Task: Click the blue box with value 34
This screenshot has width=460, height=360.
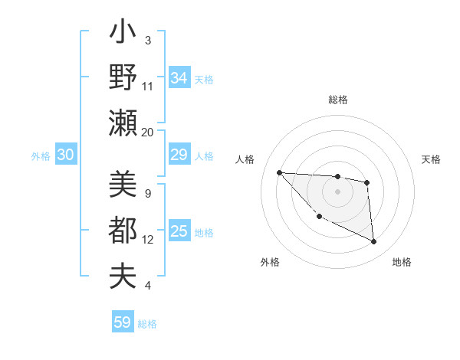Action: pyautogui.click(x=179, y=77)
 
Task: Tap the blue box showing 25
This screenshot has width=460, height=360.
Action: pyautogui.click(x=179, y=231)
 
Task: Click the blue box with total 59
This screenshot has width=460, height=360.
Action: pyautogui.click(x=123, y=322)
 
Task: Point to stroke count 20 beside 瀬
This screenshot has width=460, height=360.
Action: pyautogui.click(x=148, y=133)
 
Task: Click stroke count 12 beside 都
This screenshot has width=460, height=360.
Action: pyautogui.click(x=148, y=240)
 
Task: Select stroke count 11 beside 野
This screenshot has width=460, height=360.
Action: pyautogui.click(x=148, y=87)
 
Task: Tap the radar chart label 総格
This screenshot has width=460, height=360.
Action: pyautogui.click(x=338, y=100)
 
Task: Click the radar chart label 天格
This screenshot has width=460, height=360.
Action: pyautogui.click(x=432, y=159)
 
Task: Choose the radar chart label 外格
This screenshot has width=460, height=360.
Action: pyautogui.click(x=270, y=262)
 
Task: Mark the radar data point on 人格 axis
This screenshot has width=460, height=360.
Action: pyautogui.click(x=279, y=172)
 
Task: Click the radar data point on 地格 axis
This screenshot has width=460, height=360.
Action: pyautogui.click(x=374, y=242)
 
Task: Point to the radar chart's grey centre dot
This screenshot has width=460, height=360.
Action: pyautogui.click(x=337, y=191)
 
